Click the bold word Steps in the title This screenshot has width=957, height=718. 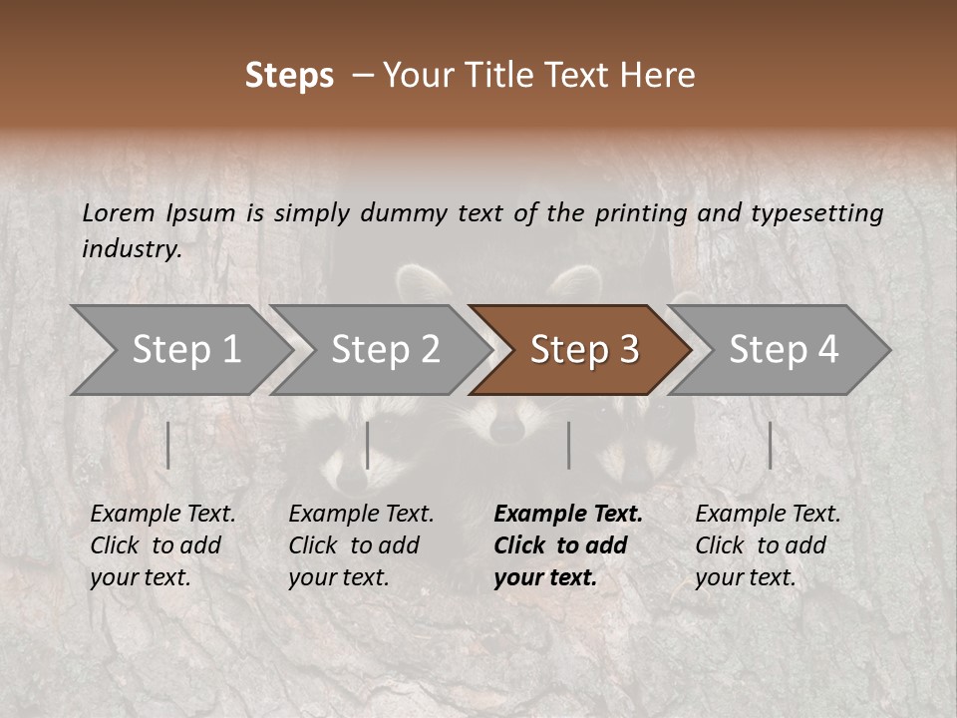point(289,76)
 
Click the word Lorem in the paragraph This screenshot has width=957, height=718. point(119,212)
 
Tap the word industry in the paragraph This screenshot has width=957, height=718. point(131,249)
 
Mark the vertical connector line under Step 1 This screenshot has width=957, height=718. point(168,445)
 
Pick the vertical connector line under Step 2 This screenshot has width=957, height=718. point(368,445)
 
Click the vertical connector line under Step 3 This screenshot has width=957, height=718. point(569,445)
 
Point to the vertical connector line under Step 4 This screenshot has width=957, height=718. point(770,445)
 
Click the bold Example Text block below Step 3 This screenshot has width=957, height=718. point(568,545)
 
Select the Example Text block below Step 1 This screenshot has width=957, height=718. point(162,545)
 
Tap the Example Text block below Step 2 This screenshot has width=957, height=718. point(361,545)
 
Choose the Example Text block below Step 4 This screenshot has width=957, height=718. point(768,545)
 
